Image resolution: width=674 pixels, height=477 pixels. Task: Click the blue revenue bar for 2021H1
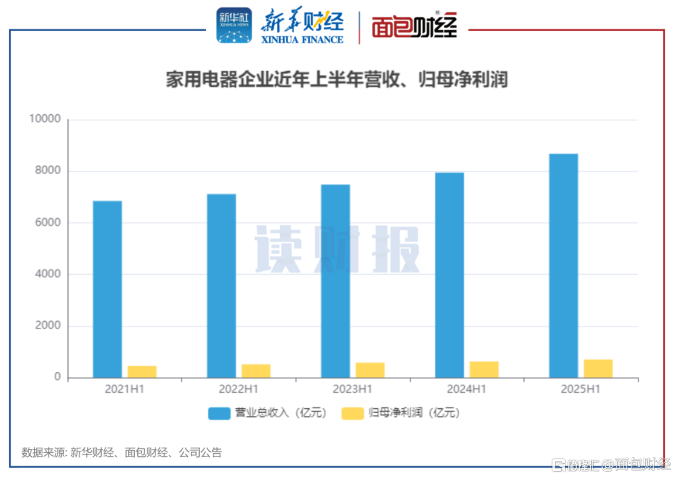pos(107,289)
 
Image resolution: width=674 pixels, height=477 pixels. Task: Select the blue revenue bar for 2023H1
pos(335,281)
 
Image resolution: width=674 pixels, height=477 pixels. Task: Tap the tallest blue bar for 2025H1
pos(564,265)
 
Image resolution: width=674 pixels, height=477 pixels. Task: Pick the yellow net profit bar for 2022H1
pos(256,371)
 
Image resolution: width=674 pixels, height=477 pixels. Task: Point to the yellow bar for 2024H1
pos(484,370)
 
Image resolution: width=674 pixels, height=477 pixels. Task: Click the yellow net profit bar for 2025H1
pos(598,368)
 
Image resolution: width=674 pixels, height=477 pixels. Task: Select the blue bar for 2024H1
pos(449,275)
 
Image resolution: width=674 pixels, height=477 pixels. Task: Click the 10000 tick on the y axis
pos(45,119)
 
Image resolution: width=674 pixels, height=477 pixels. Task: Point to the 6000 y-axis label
pos(47,223)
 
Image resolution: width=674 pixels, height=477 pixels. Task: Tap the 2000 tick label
pos(47,326)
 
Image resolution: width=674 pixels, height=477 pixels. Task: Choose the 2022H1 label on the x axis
pos(238,390)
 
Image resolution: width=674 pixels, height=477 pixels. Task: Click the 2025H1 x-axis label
pos(580,390)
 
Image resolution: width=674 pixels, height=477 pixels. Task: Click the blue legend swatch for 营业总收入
pos(218,413)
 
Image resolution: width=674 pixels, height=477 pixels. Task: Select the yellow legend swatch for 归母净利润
pos(353,413)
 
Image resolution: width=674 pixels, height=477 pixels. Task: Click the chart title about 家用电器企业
pos(336,80)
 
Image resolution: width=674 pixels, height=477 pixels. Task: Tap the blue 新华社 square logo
pos(234,26)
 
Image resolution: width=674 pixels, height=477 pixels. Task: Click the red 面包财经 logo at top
pos(414,27)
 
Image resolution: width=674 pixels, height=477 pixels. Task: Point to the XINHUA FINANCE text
pos(302,39)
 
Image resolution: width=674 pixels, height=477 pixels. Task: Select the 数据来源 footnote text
pos(122,453)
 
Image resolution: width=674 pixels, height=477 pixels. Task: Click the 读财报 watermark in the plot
pos(337,248)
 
